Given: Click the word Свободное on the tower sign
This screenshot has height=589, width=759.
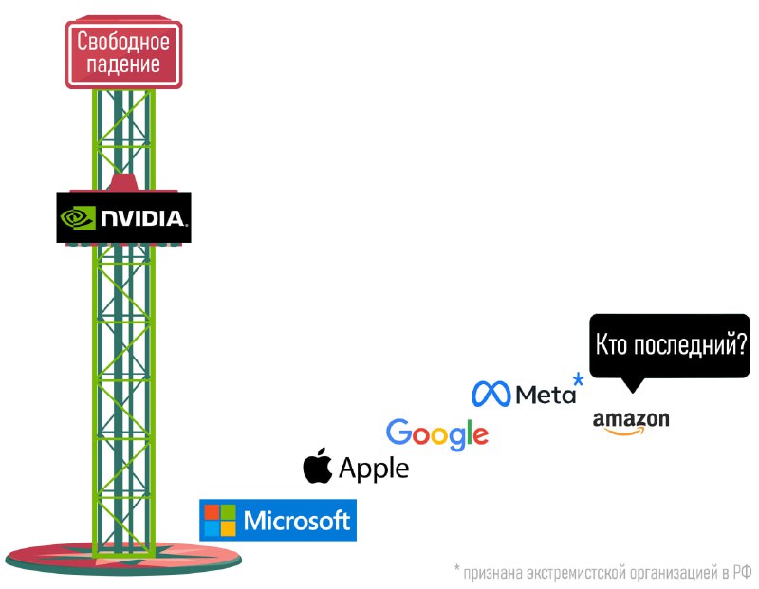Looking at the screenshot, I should pos(123,42).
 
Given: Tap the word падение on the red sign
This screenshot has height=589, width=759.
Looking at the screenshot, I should pos(123,64).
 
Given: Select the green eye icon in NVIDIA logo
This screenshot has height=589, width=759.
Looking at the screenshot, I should pos(79,218).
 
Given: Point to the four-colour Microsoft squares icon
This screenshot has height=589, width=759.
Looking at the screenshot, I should pos(220,520).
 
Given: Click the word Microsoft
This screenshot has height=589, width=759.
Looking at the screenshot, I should pos(297,520).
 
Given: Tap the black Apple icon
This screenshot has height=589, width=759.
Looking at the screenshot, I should pos(318,467).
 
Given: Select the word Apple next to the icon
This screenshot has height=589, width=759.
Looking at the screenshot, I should pos(374,469).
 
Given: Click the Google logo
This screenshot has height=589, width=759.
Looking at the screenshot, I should pos(437,434).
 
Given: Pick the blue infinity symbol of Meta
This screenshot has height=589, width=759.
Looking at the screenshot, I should pos(492,393).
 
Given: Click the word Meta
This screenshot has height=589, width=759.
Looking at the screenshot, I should pos(546,394).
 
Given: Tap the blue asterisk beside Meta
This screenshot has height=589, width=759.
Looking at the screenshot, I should pos(578,382).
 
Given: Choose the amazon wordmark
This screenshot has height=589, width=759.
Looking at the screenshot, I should pos(630,418).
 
